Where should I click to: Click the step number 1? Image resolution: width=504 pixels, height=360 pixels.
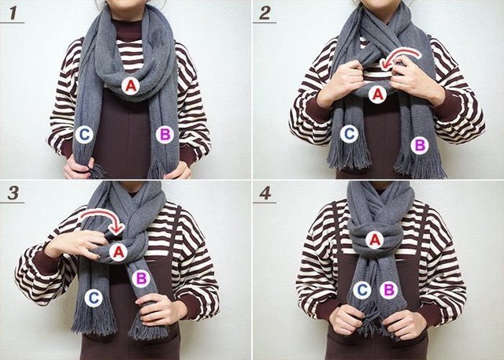pyautogui.click(x=13, y=13)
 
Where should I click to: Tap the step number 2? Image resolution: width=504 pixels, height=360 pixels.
pyautogui.click(x=265, y=13)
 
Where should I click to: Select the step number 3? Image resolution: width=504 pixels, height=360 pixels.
pyautogui.click(x=13, y=193)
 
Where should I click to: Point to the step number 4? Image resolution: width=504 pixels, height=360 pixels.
pyautogui.click(x=265, y=193)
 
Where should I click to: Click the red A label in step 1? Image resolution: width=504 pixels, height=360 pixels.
pyautogui.click(x=131, y=86)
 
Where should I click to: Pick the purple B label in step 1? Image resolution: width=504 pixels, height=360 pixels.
pyautogui.click(x=165, y=135)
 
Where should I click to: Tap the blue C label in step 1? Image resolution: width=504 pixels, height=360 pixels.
pyautogui.click(x=84, y=135)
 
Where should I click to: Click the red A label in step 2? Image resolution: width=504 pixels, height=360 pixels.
pyautogui.click(x=377, y=95)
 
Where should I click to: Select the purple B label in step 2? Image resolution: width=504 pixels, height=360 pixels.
pyautogui.click(x=420, y=146)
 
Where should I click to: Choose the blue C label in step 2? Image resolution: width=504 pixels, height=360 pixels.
pyautogui.click(x=349, y=134)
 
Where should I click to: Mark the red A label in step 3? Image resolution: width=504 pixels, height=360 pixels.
pyautogui.click(x=118, y=252)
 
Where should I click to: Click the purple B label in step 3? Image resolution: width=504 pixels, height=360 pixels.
pyautogui.click(x=141, y=278)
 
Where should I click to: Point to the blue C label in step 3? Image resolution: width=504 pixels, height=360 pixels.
pyautogui.click(x=94, y=298)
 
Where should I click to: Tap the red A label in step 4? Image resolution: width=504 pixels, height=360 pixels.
pyautogui.click(x=375, y=240)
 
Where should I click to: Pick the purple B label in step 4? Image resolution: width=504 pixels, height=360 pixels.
pyautogui.click(x=388, y=290)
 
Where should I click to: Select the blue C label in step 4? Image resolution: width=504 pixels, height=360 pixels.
pyautogui.click(x=362, y=290)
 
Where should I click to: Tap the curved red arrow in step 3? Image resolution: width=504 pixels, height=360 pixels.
pyautogui.click(x=103, y=213)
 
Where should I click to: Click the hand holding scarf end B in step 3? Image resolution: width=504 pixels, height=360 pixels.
pyautogui.click(x=160, y=310)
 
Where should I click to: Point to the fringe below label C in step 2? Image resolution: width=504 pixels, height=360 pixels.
pyautogui.click(x=349, y=158)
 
